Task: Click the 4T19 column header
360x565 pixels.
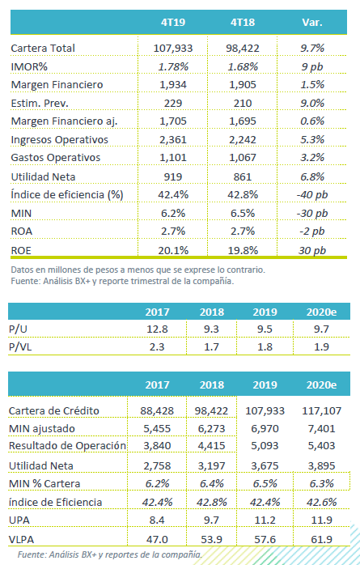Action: point(173,23)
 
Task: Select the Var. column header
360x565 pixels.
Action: point(312,23)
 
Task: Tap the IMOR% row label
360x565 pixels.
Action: point(29,66)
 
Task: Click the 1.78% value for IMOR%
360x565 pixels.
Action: point(173,66)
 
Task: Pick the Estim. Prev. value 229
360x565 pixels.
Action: point(173,103)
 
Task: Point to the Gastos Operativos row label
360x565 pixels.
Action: point(56,158)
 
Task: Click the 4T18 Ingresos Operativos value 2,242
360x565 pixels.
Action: point(243,139)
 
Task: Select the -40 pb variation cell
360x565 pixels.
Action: point(312,194)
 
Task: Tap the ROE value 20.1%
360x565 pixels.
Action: point(173,250)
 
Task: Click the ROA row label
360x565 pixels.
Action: point(22,231)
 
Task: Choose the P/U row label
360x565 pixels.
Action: point(18,329)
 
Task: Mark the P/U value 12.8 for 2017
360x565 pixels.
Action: point(157,329)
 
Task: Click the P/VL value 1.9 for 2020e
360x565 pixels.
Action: point(321,346)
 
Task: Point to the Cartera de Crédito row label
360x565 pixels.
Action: point(53,410)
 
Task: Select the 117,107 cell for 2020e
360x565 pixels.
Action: point(321,410)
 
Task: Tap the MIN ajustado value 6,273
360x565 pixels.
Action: point(211,429)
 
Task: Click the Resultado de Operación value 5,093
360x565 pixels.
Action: point(265,446)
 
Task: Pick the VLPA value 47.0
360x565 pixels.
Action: point(157,539)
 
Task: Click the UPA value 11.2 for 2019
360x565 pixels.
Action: point(265,520)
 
